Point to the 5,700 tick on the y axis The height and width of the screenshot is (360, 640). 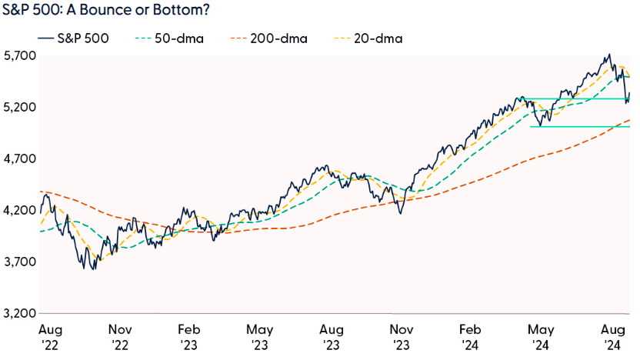[18, 56]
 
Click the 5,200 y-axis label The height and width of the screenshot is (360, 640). [18, 108]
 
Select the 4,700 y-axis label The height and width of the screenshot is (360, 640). [18, 159]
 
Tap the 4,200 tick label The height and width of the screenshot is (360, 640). [18, 211]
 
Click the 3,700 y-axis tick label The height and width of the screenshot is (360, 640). [18, 262]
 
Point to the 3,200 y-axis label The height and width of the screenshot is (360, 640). [18, 314]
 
